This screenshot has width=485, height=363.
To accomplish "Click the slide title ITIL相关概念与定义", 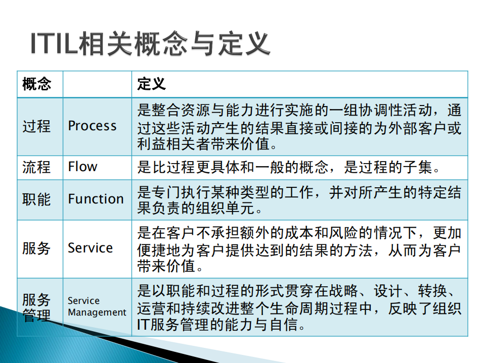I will tap(150, 44).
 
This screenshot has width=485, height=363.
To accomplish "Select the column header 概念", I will tap(36, 84).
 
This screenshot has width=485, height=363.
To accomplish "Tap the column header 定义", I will tap(152, 84).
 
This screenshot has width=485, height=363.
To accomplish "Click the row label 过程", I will tap(36, 126).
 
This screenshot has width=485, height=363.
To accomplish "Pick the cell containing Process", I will tap(92, 126).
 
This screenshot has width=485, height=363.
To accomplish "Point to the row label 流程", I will tap(36, 167).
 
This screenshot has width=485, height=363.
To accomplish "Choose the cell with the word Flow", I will tap(82, 167).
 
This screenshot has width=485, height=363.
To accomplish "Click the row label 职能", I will tap(36, 199).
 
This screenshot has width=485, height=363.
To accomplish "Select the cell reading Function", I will tap(96, 199).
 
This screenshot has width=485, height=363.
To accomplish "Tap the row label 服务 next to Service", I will tap(36, 248).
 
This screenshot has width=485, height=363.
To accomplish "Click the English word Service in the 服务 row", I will tap(90, 248).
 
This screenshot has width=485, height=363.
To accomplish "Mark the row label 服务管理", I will tap(36, 307).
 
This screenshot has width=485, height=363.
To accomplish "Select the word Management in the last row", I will tap(97, 313).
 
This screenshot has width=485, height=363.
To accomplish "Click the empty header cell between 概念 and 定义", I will tap(97, 84).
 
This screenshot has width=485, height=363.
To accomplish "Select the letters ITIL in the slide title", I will tap(53, 44).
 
